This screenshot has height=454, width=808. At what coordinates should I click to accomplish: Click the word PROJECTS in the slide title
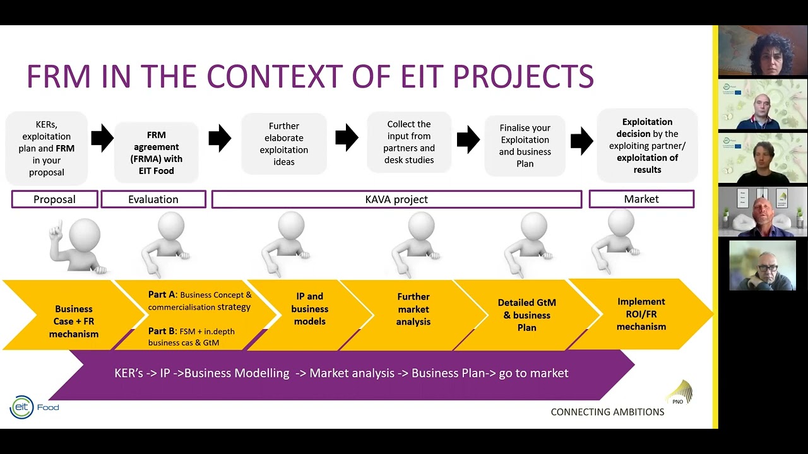click(x=523, y=76)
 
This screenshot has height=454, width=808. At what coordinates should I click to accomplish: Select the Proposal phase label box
click(x=54, y=199)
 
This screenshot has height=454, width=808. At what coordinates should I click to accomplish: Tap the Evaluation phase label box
click(x=153, y=199)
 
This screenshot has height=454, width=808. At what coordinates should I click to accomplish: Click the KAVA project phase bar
click(x=397, y=199)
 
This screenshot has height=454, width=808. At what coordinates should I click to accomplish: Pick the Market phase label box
click(x=641, y=199)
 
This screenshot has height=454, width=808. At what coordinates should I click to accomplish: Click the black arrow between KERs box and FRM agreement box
click(x=102, y=138)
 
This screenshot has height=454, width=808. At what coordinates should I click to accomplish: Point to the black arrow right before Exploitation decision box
click(x=582, y=141)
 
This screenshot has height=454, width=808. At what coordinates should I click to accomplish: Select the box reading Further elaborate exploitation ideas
click(x=284, y=144)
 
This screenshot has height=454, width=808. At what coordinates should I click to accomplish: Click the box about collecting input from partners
click(x=409, y=142)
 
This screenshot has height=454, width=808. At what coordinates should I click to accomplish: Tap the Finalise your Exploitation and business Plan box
click(x=525, y=146)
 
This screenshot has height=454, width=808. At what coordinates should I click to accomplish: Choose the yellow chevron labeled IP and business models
click(x=309, y=315)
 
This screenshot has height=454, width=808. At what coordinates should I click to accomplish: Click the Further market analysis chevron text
click(x=413, y=309)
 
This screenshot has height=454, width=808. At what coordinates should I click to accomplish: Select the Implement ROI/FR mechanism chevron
click(x=641, y=314)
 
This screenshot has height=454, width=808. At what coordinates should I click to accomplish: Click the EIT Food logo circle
click(x=21, y=407)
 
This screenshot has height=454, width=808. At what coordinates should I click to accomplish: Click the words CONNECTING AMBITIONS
click(x=607, y=412)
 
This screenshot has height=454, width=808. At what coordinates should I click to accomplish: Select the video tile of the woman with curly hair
click(x=763, y=50)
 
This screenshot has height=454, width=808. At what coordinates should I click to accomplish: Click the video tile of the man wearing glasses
click(x=763, y=265)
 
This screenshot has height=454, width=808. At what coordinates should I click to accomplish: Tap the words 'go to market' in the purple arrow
click(x=533, y=373)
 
